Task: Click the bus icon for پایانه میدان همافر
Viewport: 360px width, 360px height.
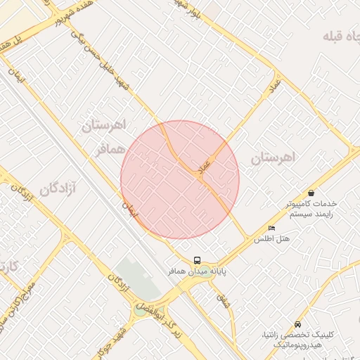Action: coord(197,260)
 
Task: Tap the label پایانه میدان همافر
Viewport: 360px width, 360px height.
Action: coord(196,271)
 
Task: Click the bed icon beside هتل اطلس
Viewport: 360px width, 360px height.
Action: coord(272,229)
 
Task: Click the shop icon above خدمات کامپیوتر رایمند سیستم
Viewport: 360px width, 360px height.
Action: coord(311,193)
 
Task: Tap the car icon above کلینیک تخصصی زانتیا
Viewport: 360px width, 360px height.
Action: coord(298,324)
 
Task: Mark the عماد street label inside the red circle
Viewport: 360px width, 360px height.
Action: coord(205,168)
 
